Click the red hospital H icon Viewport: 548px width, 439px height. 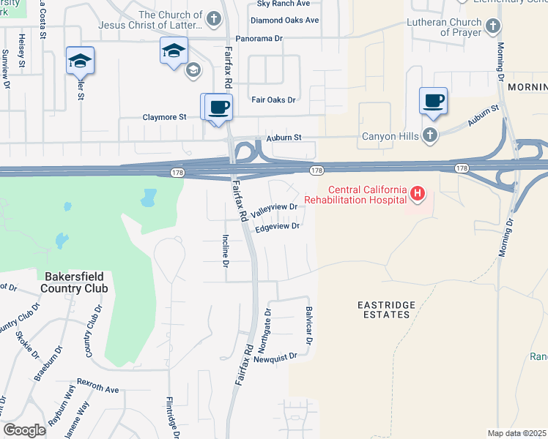coord(418,194)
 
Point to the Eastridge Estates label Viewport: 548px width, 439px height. coord(386,309)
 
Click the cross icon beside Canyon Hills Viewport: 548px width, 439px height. coord(430,135)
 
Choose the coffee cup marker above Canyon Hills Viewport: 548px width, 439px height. coord(433,101)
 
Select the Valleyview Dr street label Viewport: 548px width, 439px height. coord(275,210)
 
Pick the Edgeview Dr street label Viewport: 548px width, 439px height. coord(278,228)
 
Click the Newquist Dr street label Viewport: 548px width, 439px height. coord(275,356)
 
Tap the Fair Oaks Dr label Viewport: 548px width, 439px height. coord(273,100)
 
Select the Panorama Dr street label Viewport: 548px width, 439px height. coord(259,39)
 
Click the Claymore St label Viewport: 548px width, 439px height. coord(165,116)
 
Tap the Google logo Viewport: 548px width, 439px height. coord(24,430)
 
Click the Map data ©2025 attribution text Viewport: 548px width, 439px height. coord(516,433)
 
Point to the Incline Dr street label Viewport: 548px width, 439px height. coord(226,250)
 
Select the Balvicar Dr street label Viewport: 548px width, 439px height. coord(309,326)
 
